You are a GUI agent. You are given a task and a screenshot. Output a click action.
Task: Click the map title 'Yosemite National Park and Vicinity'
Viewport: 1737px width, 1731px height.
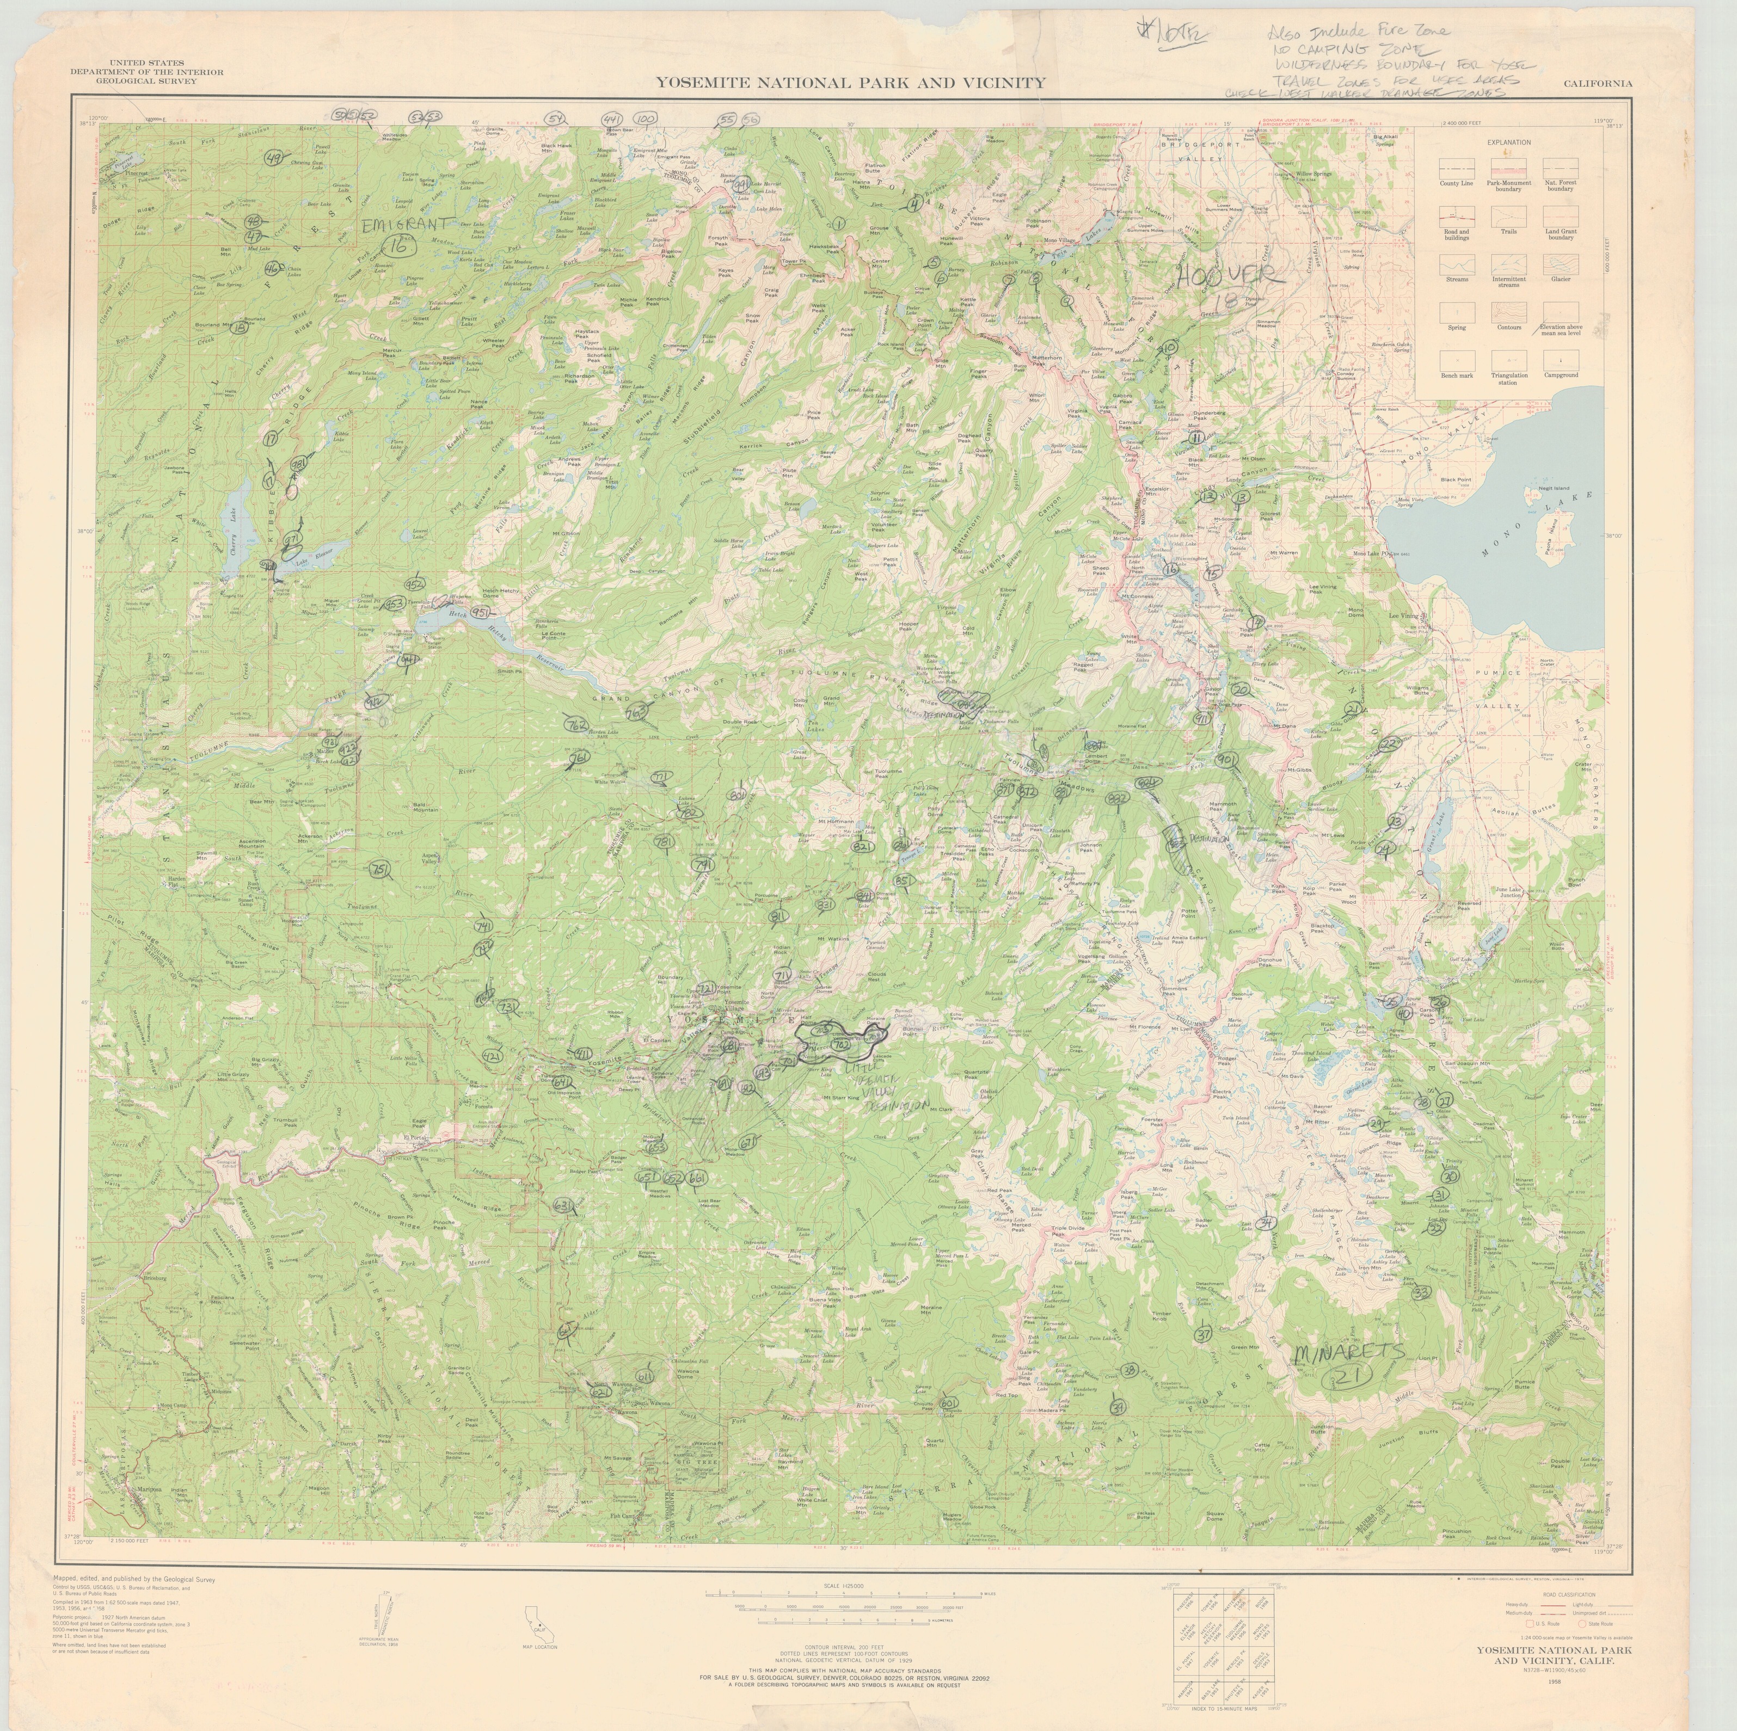click(850, 83)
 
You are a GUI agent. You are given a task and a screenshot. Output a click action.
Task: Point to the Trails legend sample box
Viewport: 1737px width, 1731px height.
click(1508, 215)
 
